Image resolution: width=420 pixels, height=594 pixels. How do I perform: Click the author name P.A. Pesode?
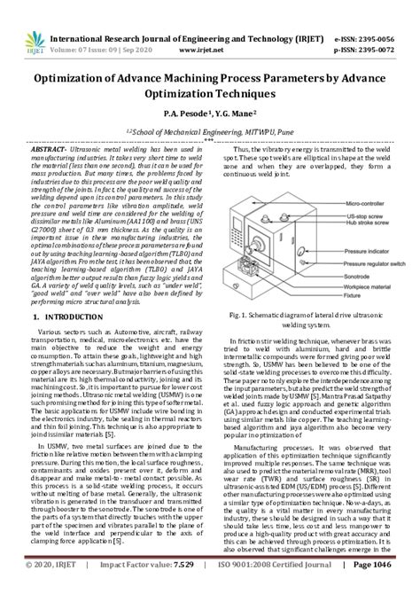183,114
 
